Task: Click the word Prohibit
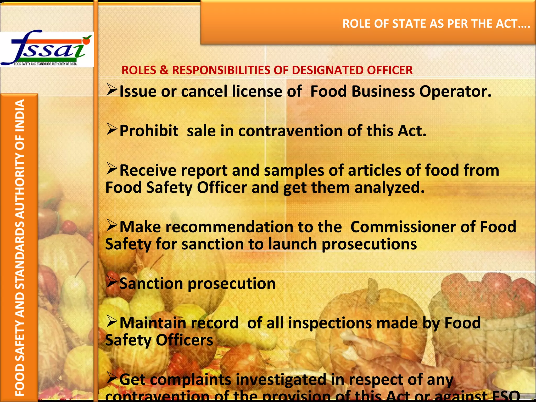149,131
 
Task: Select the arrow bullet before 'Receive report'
112,169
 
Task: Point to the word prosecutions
369,244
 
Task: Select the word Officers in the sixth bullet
185,340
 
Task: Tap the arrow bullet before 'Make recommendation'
112,225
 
